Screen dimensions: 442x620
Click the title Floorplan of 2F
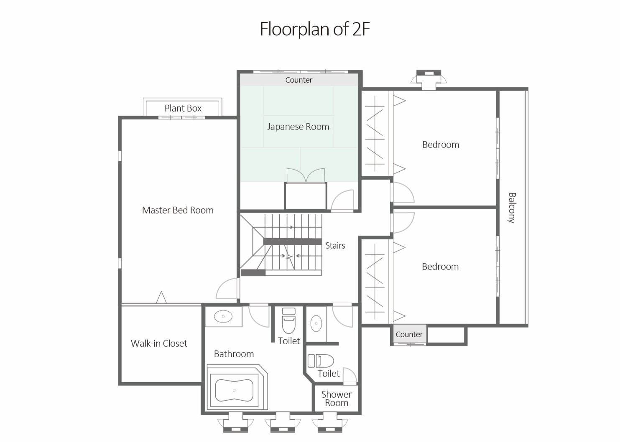[315, 29]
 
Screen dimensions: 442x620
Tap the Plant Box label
[183, 108]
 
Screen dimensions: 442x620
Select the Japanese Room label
[298, 127]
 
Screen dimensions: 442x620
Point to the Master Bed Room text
[178, 210]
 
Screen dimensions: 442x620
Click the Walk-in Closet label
[159, 343]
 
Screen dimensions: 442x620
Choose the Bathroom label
[234, 354]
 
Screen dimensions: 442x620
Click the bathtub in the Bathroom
[234, 390]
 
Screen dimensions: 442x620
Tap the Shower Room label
[336, 399]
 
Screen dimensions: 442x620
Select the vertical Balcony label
[512, 208]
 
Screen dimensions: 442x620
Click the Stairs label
[335, 246]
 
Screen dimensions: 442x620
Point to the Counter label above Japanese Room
[299, 80]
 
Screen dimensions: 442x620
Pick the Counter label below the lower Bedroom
[409, 334]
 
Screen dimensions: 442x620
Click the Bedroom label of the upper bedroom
[441, 145]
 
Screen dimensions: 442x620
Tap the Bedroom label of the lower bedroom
[440, 267]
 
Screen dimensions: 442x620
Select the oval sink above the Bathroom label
[223, 316]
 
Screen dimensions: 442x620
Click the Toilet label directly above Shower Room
[329, 373]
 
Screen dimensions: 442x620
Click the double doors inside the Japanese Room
[306, 175]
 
